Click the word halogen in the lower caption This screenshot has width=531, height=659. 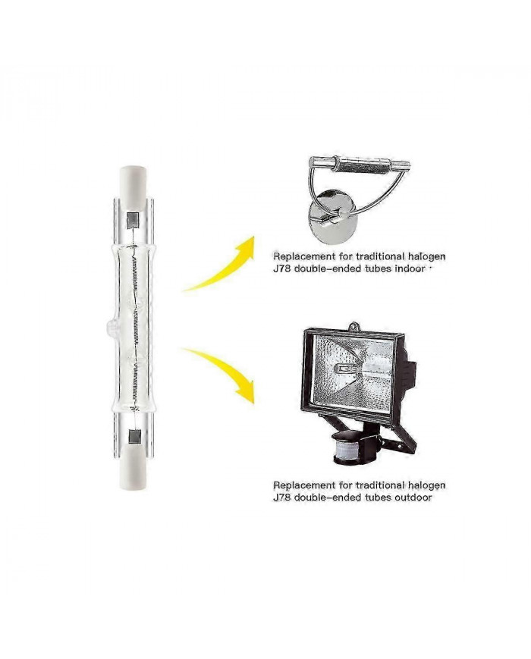[x=426, y=485]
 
